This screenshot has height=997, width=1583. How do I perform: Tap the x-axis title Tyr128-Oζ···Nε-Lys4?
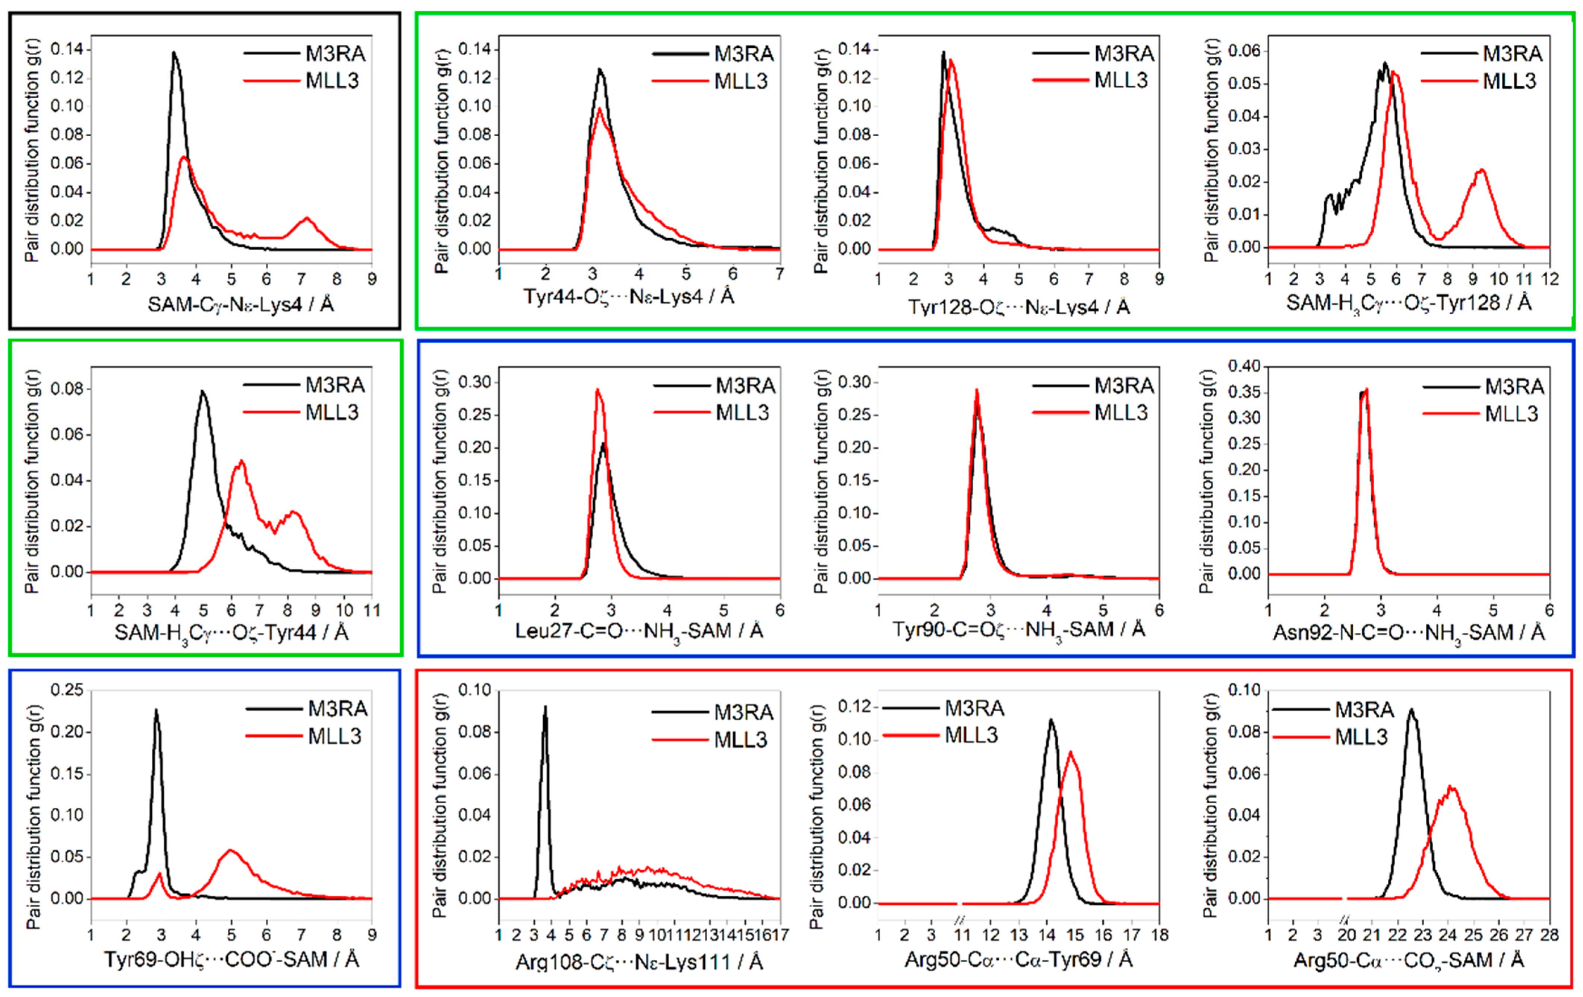(x=1018, y=306)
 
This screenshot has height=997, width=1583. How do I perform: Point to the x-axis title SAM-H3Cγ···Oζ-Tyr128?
(x=1408, y=304)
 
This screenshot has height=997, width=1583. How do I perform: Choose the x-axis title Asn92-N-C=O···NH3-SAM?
(x=1408, y=633)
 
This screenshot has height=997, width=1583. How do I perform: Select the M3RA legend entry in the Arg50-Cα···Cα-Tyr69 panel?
(x=974, y=708)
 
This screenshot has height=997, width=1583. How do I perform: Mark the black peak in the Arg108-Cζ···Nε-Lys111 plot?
(x=545, y=708)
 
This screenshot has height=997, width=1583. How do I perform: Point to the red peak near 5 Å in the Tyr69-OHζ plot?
(x=230, y=850)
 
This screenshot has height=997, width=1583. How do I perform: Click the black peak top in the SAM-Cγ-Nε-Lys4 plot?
(x=174, y=53)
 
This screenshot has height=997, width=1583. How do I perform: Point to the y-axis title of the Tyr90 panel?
(x=821, y=481)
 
